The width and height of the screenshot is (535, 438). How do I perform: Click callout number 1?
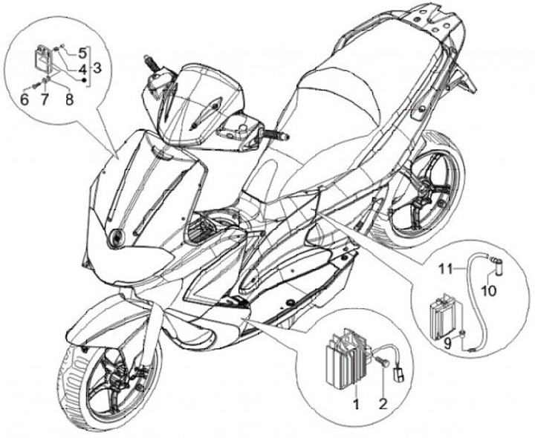356,405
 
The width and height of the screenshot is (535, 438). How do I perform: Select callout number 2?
383,405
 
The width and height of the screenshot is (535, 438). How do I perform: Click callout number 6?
24,98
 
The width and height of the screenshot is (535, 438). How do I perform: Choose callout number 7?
45,98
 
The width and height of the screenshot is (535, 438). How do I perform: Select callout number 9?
447,344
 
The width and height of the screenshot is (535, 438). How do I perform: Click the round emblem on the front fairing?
116,238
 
